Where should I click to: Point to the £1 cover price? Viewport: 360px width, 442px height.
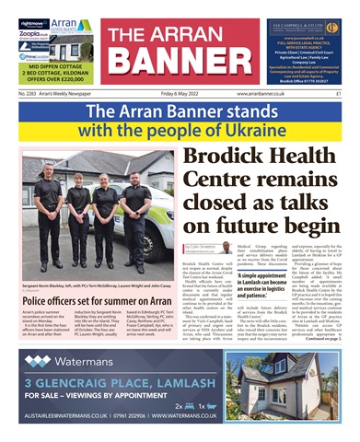pyautogui.click(x=339, y=93)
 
